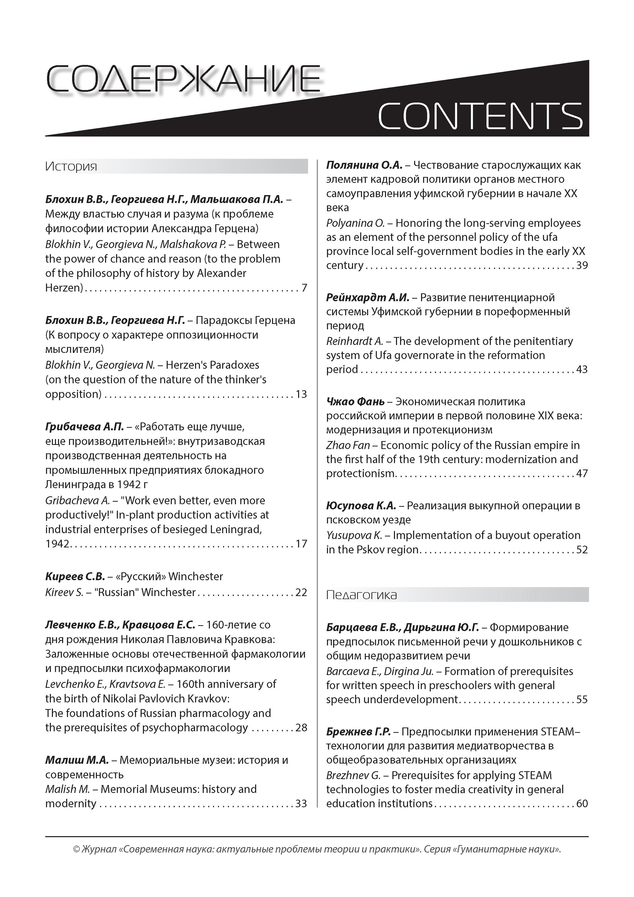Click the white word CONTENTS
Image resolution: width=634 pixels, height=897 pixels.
[x=480, y=116]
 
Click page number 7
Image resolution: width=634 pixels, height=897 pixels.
[x=304, y=288]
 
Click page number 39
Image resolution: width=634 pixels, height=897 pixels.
[x=582, y=265]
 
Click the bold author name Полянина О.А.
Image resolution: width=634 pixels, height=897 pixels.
[x=364, y=165]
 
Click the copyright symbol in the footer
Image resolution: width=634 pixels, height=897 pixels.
[x=76, y=860]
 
